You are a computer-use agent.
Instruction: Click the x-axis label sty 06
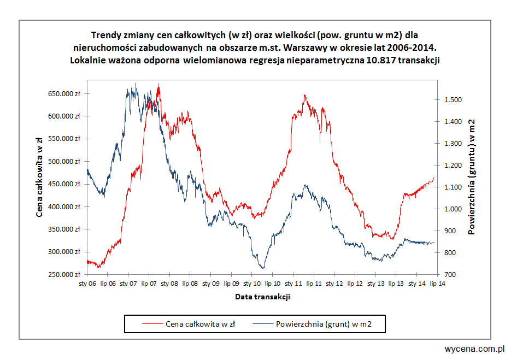[x=87, y=284]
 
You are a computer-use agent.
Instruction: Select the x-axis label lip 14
[x=437, y=284]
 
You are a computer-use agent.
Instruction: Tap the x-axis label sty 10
[x=252, y=284]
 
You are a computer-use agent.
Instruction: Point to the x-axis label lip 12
[x=355, y=284]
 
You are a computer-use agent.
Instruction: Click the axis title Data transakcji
[x=262, y=297]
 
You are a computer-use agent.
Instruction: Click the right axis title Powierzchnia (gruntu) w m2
[x=471, y=176]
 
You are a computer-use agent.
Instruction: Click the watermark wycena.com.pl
[x=474, y=349]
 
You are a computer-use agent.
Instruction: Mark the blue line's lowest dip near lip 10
[x=263, y=268]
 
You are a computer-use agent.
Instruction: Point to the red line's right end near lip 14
[x=434, y=177]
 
